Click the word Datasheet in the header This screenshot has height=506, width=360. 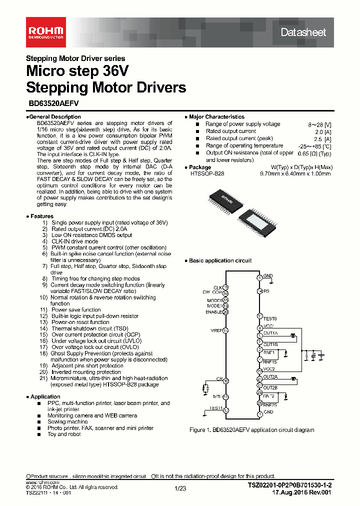click(x=303, y=32)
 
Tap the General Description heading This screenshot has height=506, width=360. click(x=54, y=116)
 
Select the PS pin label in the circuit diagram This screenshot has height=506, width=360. click(x=266, y=291)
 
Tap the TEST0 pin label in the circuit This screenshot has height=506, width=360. click(x=269, y=318)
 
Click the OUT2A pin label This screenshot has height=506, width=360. click(x=270, y=377)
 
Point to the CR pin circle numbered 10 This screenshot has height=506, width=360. click(x=226, y=381)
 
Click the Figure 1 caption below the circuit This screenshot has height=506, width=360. click(x=252, y=429)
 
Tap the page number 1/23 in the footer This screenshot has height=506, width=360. click(x=180, y=488)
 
